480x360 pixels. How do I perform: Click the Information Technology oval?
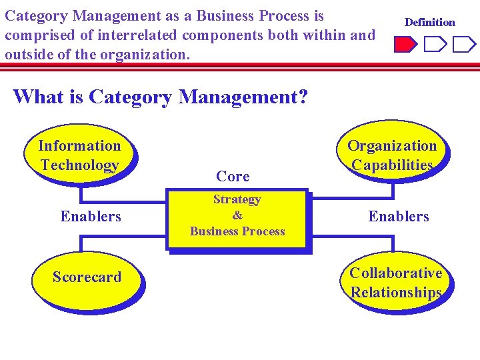(79, 155)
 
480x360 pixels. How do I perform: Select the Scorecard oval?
(87, 277)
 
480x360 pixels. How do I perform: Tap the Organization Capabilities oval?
(392, 155)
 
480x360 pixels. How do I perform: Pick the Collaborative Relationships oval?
(396, 283)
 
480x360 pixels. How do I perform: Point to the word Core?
(233, 177)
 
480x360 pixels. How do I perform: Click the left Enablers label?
(91, 216)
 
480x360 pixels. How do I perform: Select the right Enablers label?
(399, 216)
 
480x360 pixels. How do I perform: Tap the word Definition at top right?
(430, 22)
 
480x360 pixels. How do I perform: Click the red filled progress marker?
(404, 45)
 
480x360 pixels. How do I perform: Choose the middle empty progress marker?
(434, 45)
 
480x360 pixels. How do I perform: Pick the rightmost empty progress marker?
(463, 45)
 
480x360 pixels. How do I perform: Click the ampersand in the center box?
(237, 215)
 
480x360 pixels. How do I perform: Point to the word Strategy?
(237, 199)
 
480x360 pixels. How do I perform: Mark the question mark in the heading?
(302, 97)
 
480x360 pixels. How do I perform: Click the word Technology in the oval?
(79, 165)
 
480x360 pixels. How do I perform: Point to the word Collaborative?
(396, 273)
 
